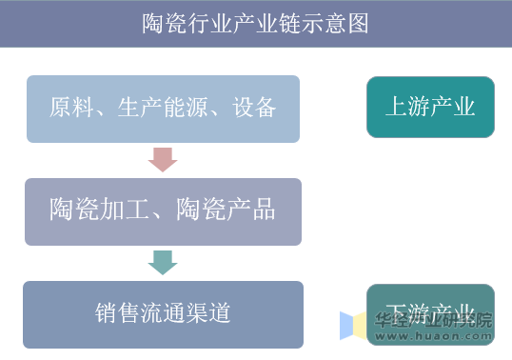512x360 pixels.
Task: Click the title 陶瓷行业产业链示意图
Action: [255, 23]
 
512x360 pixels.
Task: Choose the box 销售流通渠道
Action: [163, 313]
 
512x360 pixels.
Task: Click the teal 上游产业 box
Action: [430, 107]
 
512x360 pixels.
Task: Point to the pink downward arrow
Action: [163, 158]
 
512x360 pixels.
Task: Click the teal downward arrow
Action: [163, 262]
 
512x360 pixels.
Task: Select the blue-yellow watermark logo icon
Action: [353, 326]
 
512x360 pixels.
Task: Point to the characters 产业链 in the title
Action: [266, 23]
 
